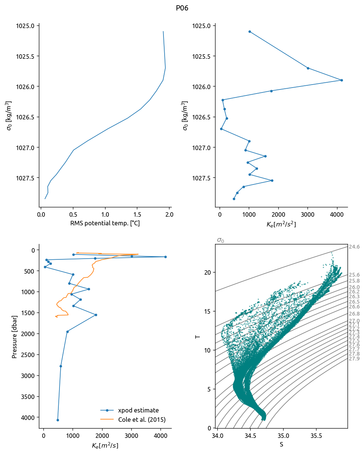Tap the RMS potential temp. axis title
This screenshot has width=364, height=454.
105,224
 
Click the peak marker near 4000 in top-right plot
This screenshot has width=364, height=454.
342,80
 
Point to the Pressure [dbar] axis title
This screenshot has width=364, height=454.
15,336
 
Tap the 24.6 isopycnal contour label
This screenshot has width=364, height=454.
354,247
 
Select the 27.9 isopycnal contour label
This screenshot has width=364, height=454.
354,359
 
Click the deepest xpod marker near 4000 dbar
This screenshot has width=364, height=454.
58,420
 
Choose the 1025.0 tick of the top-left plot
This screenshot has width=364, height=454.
26,26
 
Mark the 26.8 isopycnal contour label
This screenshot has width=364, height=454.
354,314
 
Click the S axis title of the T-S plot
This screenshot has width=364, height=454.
281,445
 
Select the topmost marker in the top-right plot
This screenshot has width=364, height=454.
250,31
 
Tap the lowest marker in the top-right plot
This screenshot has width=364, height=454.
234,199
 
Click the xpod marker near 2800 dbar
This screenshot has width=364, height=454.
61,366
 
